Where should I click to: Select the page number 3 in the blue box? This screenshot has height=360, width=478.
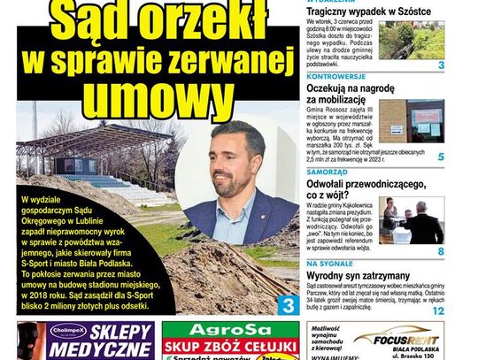point(288,305)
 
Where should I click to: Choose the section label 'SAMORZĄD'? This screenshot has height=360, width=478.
point(328,171)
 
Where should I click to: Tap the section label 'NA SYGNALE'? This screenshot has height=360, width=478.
point(329,264)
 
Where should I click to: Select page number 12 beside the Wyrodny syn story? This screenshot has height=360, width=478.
point(438,311)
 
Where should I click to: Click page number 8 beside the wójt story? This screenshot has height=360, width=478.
point(441,251)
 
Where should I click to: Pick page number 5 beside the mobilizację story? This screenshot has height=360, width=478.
point(441,157)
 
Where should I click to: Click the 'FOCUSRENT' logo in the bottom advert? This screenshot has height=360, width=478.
point(397,337)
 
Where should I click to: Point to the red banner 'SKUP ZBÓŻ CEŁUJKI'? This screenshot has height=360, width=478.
point(231,346)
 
